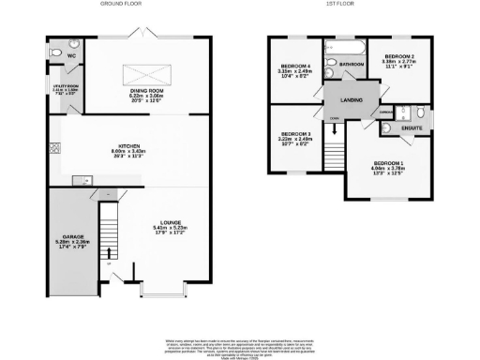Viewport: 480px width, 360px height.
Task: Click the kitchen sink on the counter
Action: pyautogui.click(x=81, y=178)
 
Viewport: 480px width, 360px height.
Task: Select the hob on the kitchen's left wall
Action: pyautogui.click(x=56, y=147)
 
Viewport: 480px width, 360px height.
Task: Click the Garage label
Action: pyautogui.click(x=73, y=236)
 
